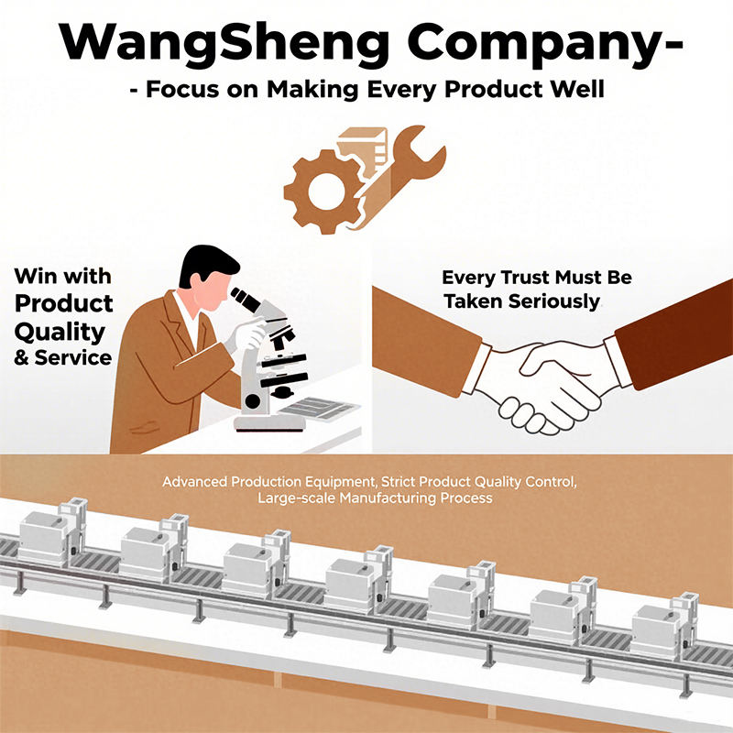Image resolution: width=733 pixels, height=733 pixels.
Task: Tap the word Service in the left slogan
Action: [73, 356]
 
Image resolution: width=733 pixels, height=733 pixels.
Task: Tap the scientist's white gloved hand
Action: [246, 337]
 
